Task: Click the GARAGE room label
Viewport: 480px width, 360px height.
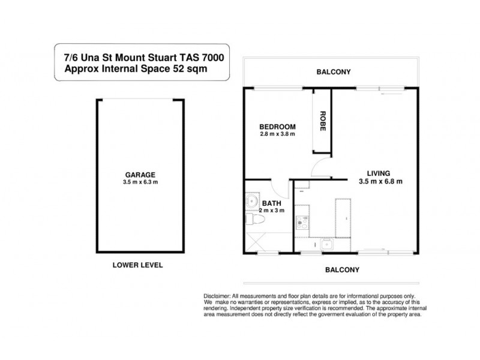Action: click(x=140, y=175)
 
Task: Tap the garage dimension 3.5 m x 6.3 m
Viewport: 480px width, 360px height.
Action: click(x=140, y=182)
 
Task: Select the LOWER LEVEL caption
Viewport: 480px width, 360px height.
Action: click(x=138, y=265)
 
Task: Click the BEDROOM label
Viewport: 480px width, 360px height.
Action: click(x=277, y=127)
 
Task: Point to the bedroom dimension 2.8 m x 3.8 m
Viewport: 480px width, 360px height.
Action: click(x=277, y=134)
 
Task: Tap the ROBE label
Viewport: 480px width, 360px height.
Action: click(x=323, y=121)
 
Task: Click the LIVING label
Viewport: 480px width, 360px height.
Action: click(x=379, y=173)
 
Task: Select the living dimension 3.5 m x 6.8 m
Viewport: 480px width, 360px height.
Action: click(x=380, y=181)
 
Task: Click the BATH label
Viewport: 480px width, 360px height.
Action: click(x=272, y=203)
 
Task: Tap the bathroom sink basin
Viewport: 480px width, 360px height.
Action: click(x=252, y=202)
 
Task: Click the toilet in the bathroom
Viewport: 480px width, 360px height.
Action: click(x=255, y=219)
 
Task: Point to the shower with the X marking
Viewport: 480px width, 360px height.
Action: click(x=256, y=242)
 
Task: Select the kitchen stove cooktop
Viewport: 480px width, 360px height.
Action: click(x=302, y=223)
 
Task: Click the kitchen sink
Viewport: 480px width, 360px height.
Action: click(x=327, y=245)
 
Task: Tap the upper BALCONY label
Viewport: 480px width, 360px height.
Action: click(x=334, y=72)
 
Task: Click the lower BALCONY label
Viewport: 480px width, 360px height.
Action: click(x=342, y=269)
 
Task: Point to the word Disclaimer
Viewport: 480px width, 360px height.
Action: click(x=217, y=296)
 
